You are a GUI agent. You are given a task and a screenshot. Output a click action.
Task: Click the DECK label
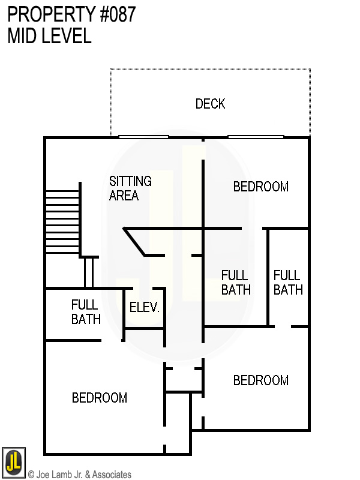pos(210,104)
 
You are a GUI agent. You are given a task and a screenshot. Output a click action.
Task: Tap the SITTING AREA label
pos(130,188)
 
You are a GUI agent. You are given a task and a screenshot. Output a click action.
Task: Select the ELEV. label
pos(145,308)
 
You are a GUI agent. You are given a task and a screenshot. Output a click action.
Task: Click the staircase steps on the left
pos(62,221)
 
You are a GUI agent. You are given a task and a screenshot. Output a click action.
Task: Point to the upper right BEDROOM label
pos(260,187)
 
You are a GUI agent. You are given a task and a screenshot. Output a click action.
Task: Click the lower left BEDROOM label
pos(100,398)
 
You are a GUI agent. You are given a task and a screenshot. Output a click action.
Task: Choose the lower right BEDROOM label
pos(260,380)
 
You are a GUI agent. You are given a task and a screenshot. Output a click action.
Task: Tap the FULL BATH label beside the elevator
pos(85,312)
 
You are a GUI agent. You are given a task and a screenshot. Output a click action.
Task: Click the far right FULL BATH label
pos(287,283)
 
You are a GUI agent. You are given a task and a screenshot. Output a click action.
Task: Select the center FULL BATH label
pos(235,283)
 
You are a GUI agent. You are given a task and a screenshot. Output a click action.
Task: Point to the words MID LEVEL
pos(49,36)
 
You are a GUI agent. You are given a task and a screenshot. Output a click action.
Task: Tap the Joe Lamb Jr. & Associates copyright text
pos(79,475)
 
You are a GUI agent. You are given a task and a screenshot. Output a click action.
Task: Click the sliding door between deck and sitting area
pos(143,137)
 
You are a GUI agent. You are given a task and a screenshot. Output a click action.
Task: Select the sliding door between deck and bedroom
pos(256,137)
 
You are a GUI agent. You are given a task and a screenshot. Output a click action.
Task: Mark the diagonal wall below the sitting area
pos(134,242)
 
